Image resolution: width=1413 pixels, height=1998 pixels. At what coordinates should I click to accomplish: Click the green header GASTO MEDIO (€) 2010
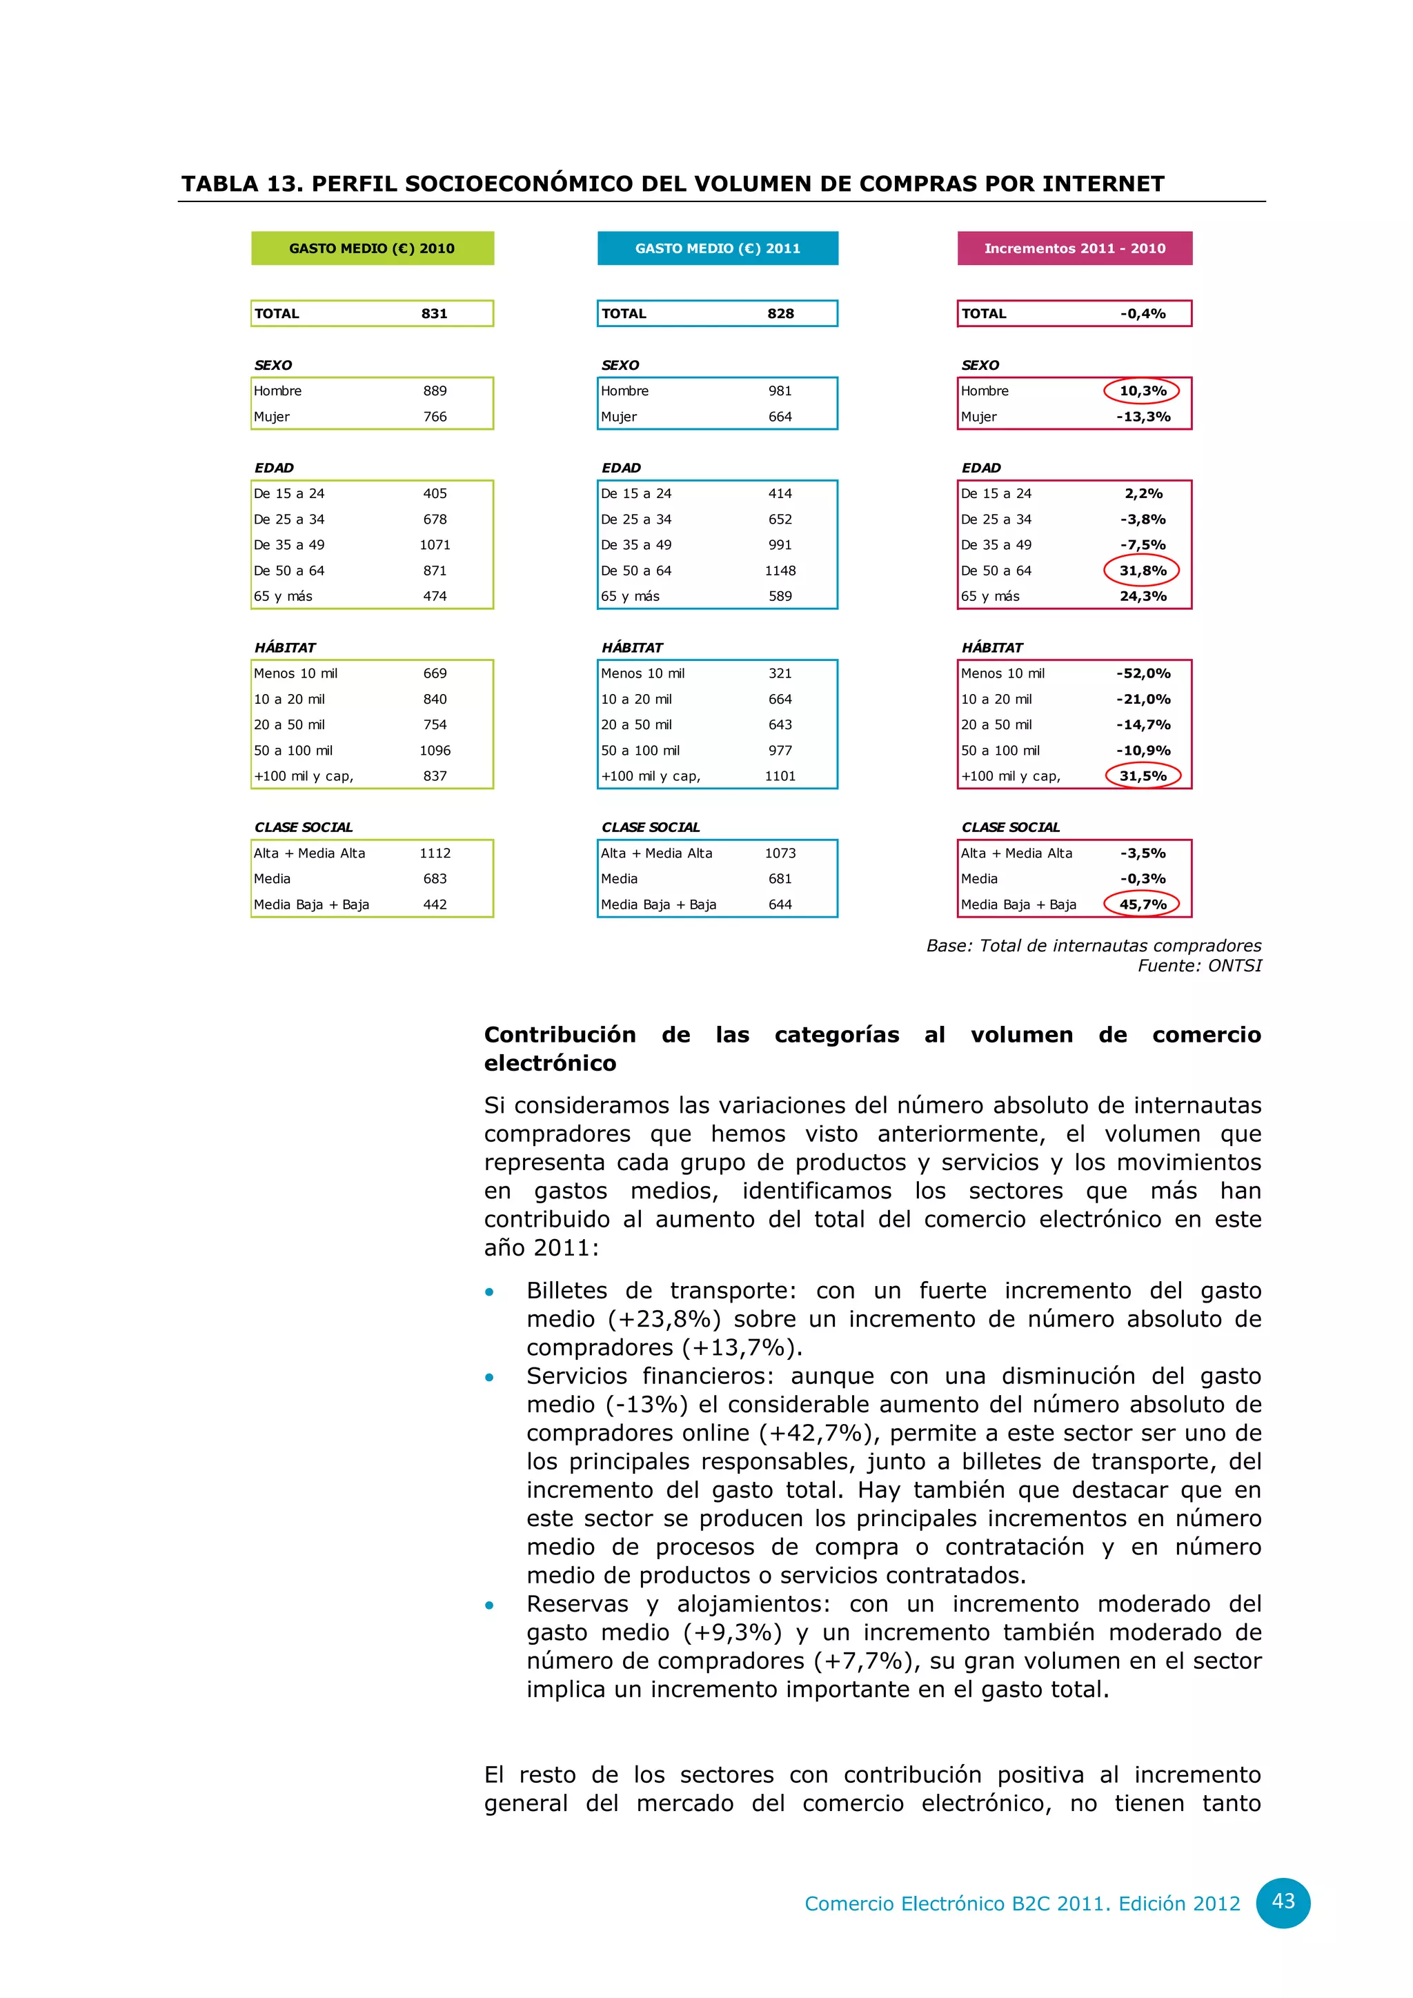pos(373,248)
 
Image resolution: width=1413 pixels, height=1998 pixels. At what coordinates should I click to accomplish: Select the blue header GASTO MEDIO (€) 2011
pos(718,248)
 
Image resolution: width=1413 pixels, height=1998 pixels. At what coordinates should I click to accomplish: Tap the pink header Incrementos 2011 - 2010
pos(1074,248)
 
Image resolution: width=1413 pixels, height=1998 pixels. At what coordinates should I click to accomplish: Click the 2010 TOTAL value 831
pos(434,313)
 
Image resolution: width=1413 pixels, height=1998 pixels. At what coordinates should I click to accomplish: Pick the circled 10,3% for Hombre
pos(1143,390)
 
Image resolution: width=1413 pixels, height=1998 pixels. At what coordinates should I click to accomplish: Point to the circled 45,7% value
pos(1143,904)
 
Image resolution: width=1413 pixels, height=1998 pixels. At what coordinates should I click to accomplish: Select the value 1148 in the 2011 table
pos(780,571)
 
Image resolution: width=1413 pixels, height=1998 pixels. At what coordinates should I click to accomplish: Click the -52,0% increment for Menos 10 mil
pos(1143,673)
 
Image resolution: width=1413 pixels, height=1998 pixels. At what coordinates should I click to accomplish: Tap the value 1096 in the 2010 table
pos(435,750)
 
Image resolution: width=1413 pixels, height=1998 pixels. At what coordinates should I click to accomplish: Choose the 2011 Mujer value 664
pos(780,417)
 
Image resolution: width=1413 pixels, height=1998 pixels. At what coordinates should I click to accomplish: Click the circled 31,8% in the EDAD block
pos(1143,571)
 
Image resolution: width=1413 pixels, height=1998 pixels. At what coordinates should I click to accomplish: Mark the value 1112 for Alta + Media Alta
pos(435,853)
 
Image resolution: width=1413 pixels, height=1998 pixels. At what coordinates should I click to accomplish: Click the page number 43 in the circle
pos(1283,1901)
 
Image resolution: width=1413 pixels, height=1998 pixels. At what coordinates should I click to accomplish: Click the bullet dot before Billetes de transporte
pos(490,1292)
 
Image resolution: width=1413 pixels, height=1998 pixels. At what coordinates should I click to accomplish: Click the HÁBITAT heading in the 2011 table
pos(632,647)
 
